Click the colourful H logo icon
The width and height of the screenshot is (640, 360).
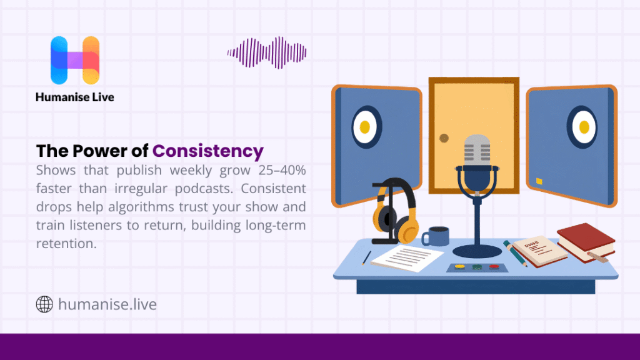(75, 60)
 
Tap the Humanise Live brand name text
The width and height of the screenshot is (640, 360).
(75, 97)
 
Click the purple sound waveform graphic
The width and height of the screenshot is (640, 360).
(267, 52)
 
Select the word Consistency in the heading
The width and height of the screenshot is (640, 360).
(208, 151)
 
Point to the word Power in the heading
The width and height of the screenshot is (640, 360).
(98, 151)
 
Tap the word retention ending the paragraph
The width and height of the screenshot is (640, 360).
(66, 244)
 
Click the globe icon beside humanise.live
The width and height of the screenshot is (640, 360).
(44, 304)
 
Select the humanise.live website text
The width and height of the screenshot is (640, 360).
(107, 304)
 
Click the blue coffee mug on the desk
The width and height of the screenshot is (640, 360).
(437, 236)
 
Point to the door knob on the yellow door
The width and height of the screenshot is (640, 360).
(444, 137)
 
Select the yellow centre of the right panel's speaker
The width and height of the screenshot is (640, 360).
(584, 127)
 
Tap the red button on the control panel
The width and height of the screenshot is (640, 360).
(494, 267)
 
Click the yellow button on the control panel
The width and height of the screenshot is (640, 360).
(460, 267)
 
